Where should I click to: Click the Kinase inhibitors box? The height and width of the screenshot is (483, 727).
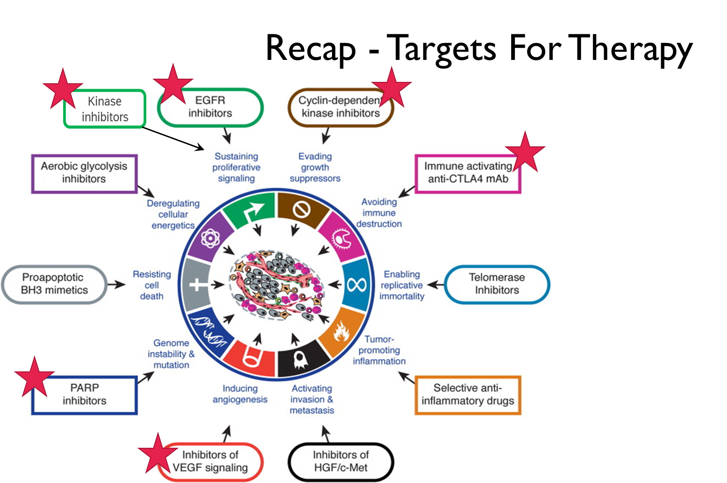[x=105, y=109]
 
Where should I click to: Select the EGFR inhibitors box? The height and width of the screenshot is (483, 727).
[x=210, y=107]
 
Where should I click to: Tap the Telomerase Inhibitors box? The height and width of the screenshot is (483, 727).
[x=497, y=284]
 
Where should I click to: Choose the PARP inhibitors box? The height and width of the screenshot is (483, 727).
[x=85, y=395]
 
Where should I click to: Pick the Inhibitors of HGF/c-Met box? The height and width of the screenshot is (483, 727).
[x=341, y=462]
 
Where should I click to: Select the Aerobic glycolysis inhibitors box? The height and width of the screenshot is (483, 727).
[x=84, y=173]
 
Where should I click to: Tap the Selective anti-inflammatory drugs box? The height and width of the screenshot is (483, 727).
[x=468, y=395]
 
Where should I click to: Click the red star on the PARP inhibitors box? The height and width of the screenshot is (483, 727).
[x=34, y=377]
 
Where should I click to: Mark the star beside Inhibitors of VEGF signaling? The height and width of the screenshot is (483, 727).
[x=158, y=453]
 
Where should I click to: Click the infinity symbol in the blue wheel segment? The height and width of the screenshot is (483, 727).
[x=357, y=284]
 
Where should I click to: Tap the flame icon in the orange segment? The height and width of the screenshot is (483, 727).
[x=341, y=331]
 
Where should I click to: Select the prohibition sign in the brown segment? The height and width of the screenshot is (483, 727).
[x=301, y=210]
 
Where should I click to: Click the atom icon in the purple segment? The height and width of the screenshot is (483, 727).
[x=210, y=237]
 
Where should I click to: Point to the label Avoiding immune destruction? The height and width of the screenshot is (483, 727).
[x=379, y=213]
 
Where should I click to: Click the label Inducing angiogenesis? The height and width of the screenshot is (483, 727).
[x=240, y=394]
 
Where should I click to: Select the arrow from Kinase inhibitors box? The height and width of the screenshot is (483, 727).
[x=174, y=138]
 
